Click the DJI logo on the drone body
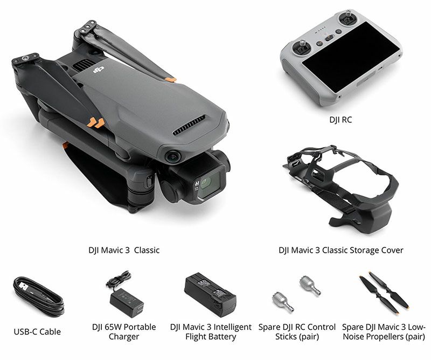tap(99, 70)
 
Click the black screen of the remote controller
tap(351, 57)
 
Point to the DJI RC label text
tap(340, 120)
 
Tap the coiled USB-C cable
tap(38, 296)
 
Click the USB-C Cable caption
tap(37, 331)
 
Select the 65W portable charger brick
tap(127, 302)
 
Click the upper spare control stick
tap(309, 285)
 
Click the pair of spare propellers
tap(384, 292)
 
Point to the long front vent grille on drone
tap(189, 126)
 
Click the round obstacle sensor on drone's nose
tap(173, 157)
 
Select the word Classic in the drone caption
tap(147, 250)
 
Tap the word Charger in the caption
tap(124, 337)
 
